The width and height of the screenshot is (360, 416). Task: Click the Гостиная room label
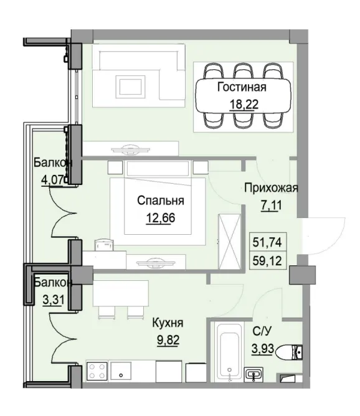pyautogui.click(x=241, y=88)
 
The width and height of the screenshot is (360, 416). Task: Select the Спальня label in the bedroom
pyautogui.click(x=161, y=201)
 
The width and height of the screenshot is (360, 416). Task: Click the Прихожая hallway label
pyautogui.click(x=272, y=189)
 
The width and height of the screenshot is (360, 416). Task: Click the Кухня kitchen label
pyautogui.click(x=168, y=324)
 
